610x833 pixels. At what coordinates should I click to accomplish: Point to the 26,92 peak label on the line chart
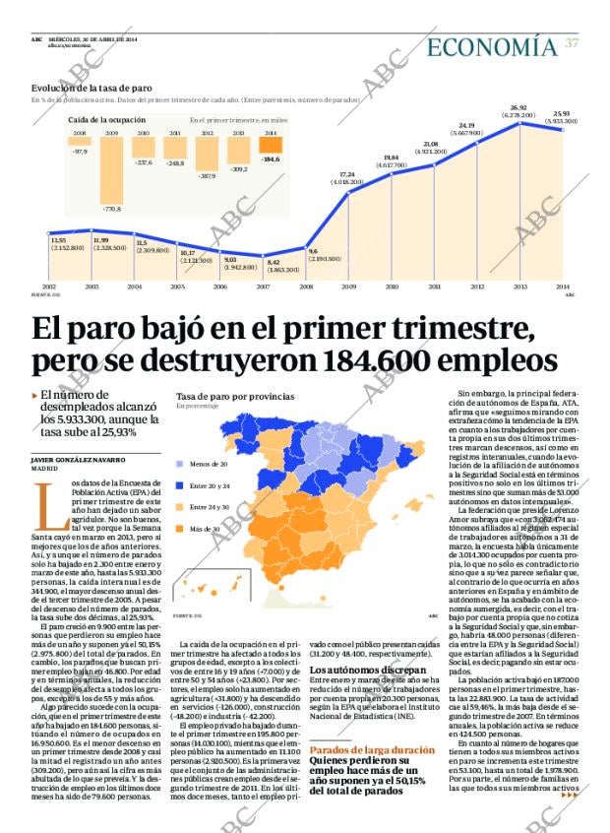tap(518, 107)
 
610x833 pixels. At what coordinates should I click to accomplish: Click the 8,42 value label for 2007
tap(274, 262)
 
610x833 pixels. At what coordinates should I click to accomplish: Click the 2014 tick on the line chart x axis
tap(563, 287)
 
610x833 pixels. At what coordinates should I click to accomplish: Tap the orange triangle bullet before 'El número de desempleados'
tap(34, 396)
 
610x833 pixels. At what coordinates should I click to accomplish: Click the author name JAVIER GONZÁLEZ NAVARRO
tap(79, 460)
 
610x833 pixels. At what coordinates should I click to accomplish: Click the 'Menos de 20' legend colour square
tap(180, 463)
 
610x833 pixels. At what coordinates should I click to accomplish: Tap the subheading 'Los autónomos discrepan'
tap(359, 669)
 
